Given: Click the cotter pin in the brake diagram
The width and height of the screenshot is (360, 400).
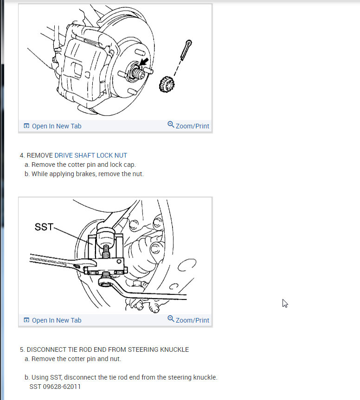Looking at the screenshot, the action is coord(186,50).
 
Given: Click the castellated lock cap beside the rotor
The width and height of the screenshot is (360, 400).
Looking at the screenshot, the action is coord(167,84).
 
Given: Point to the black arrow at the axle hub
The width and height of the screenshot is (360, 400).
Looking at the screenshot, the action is coord(144,62).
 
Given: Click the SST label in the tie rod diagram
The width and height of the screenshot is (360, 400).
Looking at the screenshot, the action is coord(44,227).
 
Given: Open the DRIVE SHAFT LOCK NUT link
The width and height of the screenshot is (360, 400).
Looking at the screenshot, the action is coord(90,155).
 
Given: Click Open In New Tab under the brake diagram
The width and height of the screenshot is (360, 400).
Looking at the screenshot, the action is coord(57,126).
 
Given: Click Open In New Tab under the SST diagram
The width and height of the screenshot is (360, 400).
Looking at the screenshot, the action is coord(57,320).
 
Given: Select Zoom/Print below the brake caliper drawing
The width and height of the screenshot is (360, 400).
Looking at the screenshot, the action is coord(192,126).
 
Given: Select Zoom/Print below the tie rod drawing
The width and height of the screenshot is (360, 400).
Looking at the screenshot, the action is coord(192,320).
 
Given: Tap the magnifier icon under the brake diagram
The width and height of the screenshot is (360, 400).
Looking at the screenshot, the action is coord(171,125).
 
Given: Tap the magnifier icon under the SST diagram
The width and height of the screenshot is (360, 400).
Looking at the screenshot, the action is coord(171,318).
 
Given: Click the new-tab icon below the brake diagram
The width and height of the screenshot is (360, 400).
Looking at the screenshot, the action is coord(26,126).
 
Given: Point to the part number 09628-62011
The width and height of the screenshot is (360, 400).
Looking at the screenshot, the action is coord(62,387).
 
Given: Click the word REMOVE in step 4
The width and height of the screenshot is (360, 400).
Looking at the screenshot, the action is coord(39,155).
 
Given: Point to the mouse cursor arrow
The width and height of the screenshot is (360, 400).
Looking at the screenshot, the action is coord(285,303).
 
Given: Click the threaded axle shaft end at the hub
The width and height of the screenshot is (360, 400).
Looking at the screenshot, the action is coord(138,73).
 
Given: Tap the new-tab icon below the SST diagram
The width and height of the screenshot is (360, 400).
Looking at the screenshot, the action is coord(26,320).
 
